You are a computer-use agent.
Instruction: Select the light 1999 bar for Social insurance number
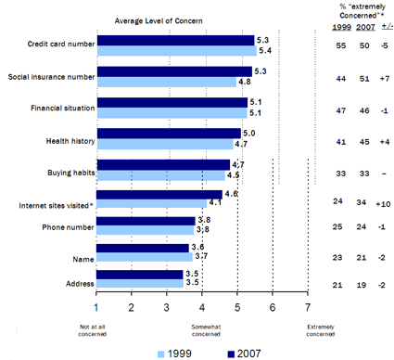tap(166, 82)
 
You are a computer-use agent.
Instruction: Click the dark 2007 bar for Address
tap(140, 275)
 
